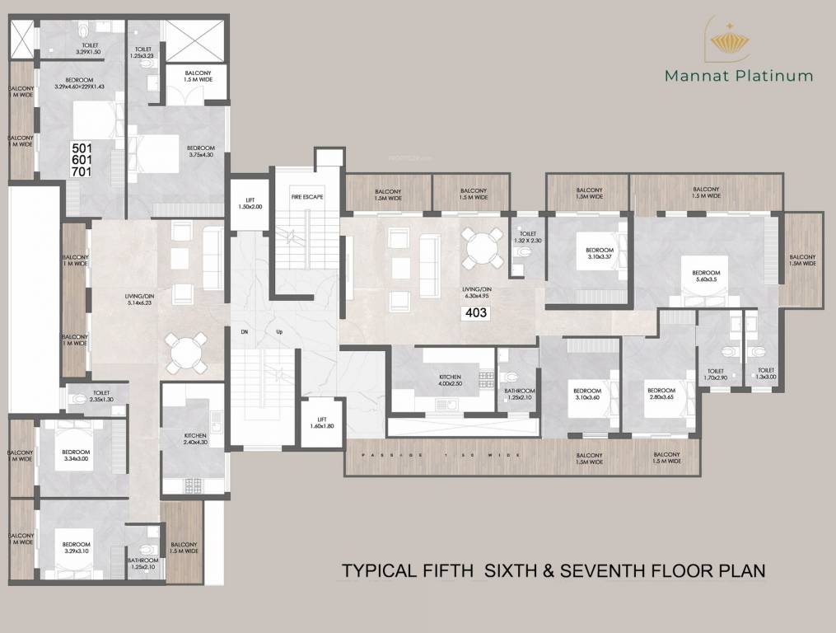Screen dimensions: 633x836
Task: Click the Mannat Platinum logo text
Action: [739, 76]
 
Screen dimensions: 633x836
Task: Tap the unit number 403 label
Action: [477, 312]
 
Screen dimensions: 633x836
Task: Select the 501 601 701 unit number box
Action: [82, 160]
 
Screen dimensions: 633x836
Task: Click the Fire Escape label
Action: [306, 198]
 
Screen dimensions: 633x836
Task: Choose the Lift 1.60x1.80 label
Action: [321, 423]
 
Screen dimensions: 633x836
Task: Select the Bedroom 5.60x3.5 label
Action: [706, 276]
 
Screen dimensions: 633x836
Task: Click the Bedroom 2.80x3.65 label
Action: [661, 395]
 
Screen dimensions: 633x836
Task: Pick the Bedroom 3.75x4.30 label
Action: [200, 151]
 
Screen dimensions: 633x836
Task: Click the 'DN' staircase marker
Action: [244, 331]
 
